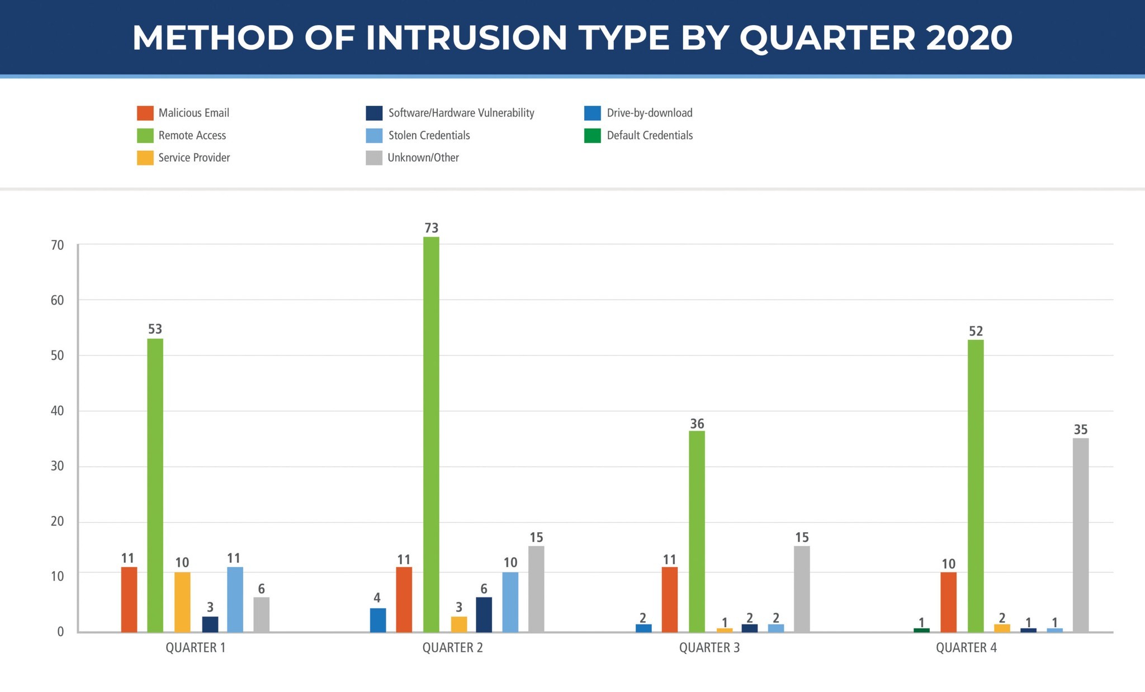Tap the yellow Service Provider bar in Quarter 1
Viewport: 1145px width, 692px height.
tap(182, 602)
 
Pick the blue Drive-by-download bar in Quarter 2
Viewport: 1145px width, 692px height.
tap(378, 620)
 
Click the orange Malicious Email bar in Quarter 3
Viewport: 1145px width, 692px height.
tap(669, 599)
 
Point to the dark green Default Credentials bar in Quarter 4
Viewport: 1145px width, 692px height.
tap(921, 630)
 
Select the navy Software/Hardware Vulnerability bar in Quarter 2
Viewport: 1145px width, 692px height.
tap(484, 614)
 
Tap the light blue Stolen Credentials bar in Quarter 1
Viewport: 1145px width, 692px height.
tap(235, 599)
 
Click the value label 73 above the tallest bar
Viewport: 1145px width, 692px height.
tap(431, 228)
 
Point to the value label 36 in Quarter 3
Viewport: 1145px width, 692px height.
tap(697, 424)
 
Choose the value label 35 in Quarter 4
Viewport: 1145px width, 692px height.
tap(1080, 429)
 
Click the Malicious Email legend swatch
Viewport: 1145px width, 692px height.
tap(145, 113)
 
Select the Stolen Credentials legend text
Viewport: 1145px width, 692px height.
tap(429, 135)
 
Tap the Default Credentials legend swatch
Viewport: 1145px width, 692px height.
tap(593, 135)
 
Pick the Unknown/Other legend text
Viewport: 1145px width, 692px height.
tap(423, 158)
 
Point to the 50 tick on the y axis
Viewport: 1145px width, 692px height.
tap(58, 356)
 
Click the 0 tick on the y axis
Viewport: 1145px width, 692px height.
tap(60, 632)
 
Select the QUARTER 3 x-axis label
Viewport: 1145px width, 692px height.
tap(709, 648)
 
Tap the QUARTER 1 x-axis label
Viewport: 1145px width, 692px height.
tap(195, 648)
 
